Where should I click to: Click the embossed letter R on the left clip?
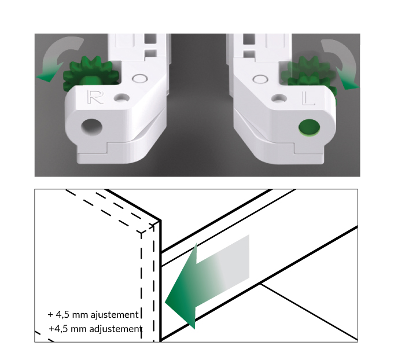point(95,97)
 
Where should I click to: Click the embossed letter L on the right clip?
point(308,98)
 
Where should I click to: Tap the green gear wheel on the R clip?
point(90,73)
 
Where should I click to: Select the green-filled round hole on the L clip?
point(309,127)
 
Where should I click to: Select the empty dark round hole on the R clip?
point(91,127)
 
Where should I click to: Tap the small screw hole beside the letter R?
point(122,98)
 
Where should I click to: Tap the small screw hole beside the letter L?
point(279,98)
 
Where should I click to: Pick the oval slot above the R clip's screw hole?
point(140,78)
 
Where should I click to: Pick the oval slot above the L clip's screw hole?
point(260,79)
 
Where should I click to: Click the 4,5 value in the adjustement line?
point(61,329)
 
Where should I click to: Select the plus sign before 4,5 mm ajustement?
point(50,315)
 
